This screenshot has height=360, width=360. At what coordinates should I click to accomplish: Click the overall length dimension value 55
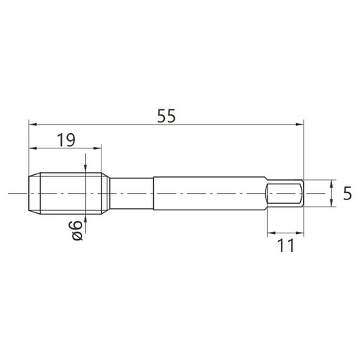[166, 116]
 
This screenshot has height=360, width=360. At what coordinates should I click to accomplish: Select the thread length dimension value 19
[66, 140]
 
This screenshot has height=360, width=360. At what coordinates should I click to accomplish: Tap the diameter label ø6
[77, 230]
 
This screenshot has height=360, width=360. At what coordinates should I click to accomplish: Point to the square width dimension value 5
[347, 194]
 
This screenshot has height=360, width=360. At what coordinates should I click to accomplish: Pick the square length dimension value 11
[285, 246]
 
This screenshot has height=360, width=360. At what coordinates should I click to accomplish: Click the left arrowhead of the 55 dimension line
[32, 125]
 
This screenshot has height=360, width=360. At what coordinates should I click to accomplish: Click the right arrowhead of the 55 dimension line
[300, 125]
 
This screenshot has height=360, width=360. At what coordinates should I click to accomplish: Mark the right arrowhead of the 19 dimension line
[97, 148]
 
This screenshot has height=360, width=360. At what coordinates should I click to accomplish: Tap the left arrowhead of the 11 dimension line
[271, 233]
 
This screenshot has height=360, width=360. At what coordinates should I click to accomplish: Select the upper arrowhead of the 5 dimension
[331, 184]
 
